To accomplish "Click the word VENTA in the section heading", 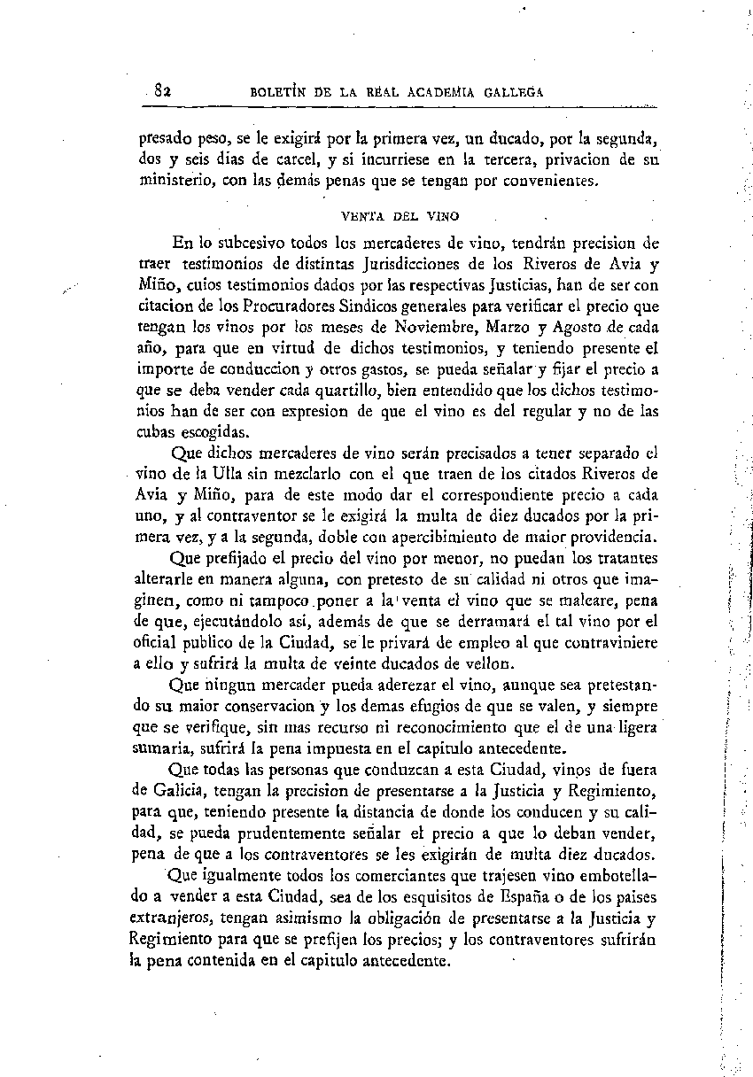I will (x=359, y=214).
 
